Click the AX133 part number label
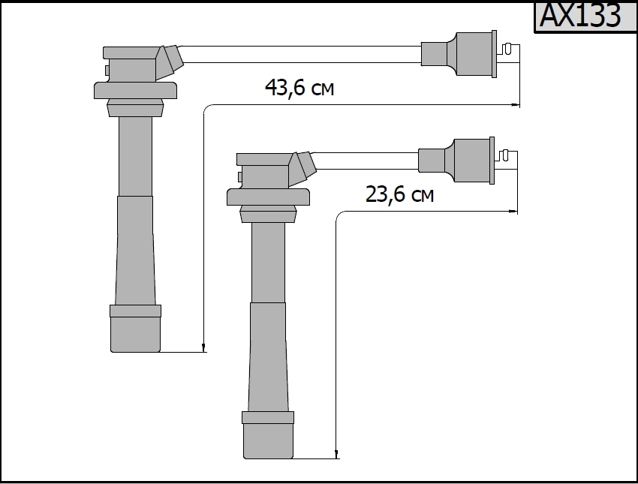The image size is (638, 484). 579,16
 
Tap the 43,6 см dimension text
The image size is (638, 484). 299,88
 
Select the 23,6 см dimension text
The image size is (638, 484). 399,194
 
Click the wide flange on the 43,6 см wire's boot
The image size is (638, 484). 136,90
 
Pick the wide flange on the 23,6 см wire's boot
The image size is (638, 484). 268,197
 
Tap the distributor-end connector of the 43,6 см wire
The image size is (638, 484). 459,54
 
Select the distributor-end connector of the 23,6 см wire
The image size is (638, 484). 456,161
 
